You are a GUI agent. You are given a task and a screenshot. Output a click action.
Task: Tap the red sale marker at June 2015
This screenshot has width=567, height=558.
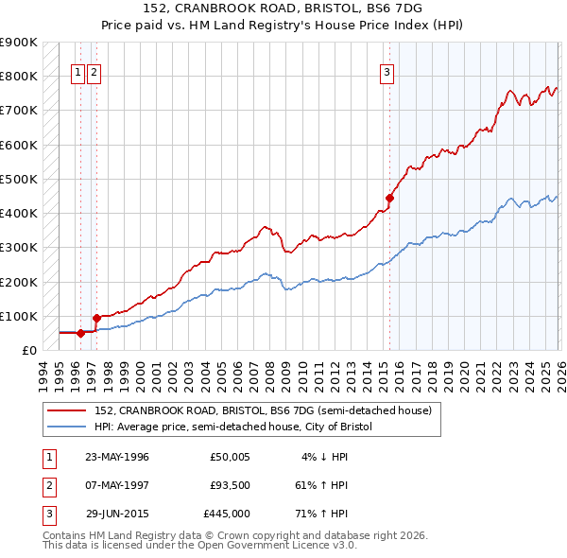(389, 198)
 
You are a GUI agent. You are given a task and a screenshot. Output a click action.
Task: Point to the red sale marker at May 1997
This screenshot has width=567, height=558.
(96, 318)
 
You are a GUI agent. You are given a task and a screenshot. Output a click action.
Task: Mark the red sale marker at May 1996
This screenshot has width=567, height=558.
(80, 333)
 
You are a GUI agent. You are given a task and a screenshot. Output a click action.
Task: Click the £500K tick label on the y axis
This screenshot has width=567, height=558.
(18, 179)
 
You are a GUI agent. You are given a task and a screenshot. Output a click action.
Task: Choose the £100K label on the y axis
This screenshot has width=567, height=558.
(18, 316)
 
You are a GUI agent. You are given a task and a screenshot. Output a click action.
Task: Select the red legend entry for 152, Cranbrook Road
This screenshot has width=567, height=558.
(263, 410)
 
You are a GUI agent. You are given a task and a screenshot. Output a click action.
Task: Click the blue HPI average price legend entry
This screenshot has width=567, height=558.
(233, 427)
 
